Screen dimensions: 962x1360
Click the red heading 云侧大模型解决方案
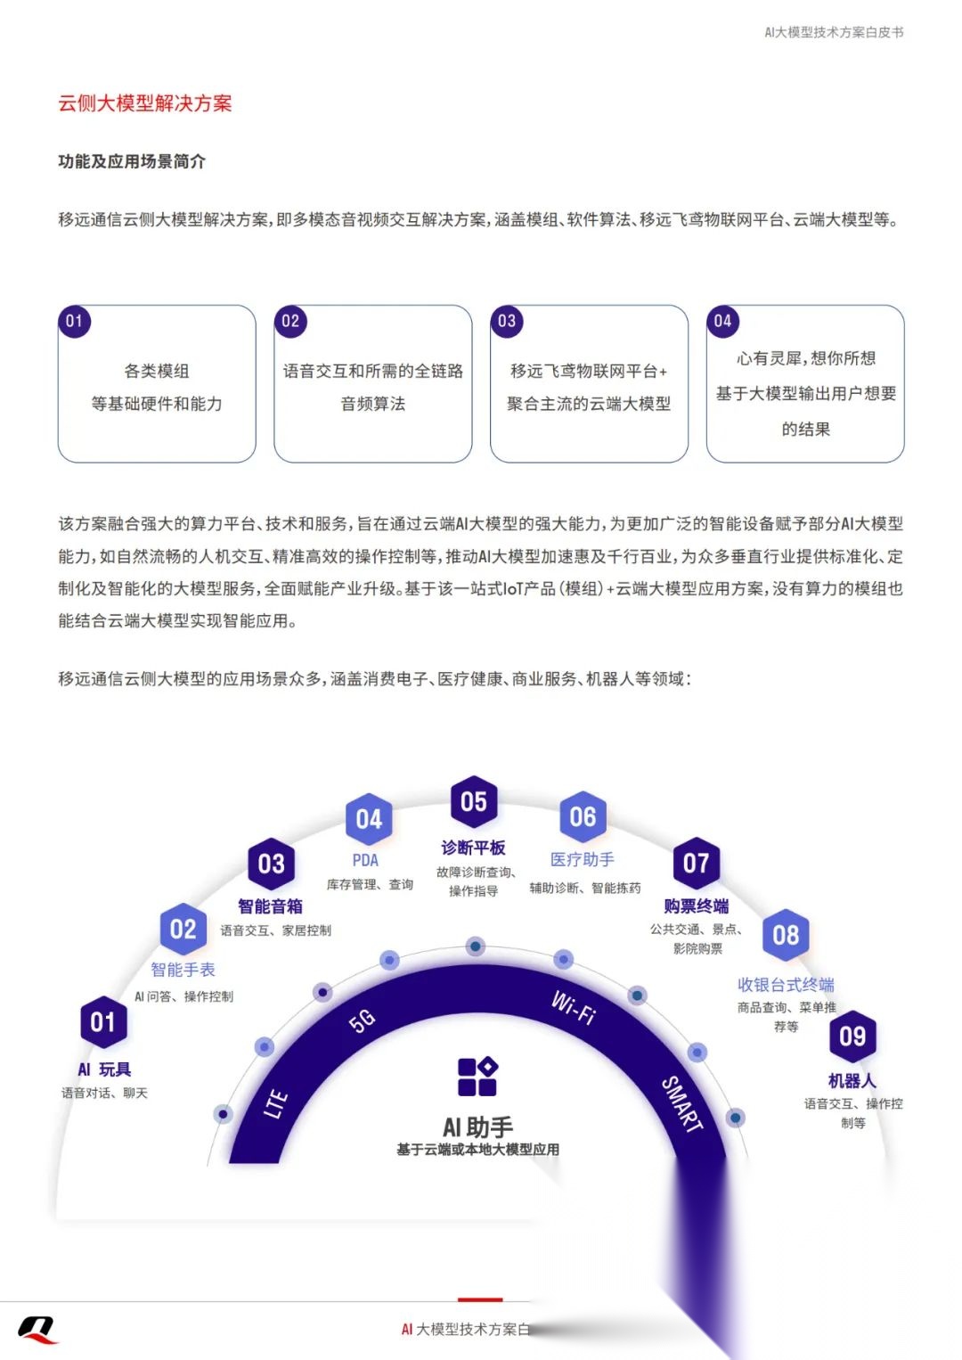coord(145,103)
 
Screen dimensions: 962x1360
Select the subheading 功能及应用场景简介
coord(132,161)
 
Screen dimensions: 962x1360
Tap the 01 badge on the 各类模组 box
coord(74,321)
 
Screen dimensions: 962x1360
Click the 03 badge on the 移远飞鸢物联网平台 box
coord(507,321)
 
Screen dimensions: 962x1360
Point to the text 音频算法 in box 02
coord(373,404)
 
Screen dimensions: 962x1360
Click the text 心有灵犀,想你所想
coord(805,358)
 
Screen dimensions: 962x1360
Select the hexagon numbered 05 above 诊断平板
coord(474,801)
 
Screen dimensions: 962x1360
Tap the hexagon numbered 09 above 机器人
coord(852,1036)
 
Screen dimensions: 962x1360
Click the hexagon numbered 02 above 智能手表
coord(183,930)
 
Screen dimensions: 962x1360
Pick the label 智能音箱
coord(270,906)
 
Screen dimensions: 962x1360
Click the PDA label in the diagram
coord(365,860)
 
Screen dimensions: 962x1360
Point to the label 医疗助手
coord(583,859)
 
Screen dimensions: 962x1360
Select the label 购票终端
coord(696,906)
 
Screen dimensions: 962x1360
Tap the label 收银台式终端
coord(786,985)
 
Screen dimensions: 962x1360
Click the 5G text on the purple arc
coord(363,1021)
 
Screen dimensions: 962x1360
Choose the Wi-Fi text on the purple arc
coord(574,1007)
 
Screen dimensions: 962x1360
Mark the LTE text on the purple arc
coord(276,1103)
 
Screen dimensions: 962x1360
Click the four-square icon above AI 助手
coord(477,1077)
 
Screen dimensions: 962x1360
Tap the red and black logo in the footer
coord(37,1329)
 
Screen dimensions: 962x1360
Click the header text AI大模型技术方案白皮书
coord(834,32)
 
